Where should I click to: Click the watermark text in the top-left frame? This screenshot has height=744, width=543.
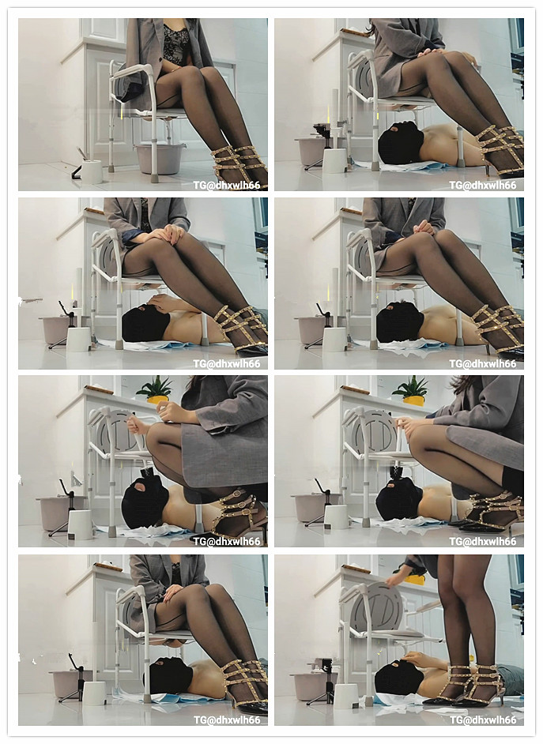(225, 185)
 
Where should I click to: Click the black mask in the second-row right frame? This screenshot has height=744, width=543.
(400, 322)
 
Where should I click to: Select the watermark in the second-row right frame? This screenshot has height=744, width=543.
(482, 363)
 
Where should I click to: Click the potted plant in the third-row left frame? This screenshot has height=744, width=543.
(154, 389)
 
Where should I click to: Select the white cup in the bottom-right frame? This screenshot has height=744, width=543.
(345, 695)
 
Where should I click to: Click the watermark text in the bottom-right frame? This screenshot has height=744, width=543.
(482, 720)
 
